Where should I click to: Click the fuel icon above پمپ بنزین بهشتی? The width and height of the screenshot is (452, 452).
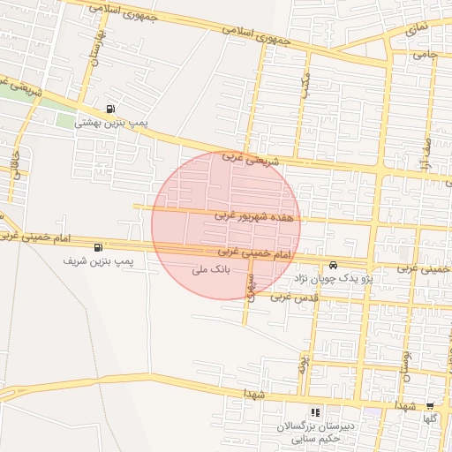tap(109, 109)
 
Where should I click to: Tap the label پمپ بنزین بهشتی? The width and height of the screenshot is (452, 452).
tap(109, 123)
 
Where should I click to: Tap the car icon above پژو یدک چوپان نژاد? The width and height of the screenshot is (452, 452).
tap(333, 265)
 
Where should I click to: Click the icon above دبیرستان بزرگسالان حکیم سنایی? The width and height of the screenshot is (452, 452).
tap(316, 412)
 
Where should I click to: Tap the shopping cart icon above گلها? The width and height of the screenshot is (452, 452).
tap(430, 407)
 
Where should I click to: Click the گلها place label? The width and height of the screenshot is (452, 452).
tap(430, 420)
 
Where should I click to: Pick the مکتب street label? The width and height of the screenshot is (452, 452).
tap(305, 87)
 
